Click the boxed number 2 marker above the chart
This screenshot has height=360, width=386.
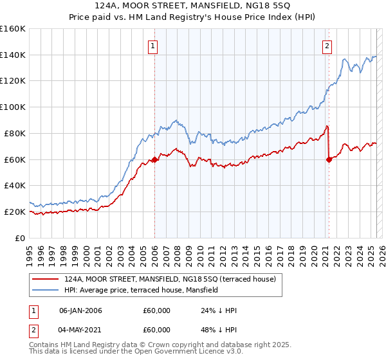click(327, 46)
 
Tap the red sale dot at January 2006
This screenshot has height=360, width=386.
click(154, 160)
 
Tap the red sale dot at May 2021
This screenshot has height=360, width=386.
click(329, 160)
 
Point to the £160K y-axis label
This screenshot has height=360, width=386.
click(13, 29)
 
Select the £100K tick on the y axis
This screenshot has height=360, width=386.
click(13, 107)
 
